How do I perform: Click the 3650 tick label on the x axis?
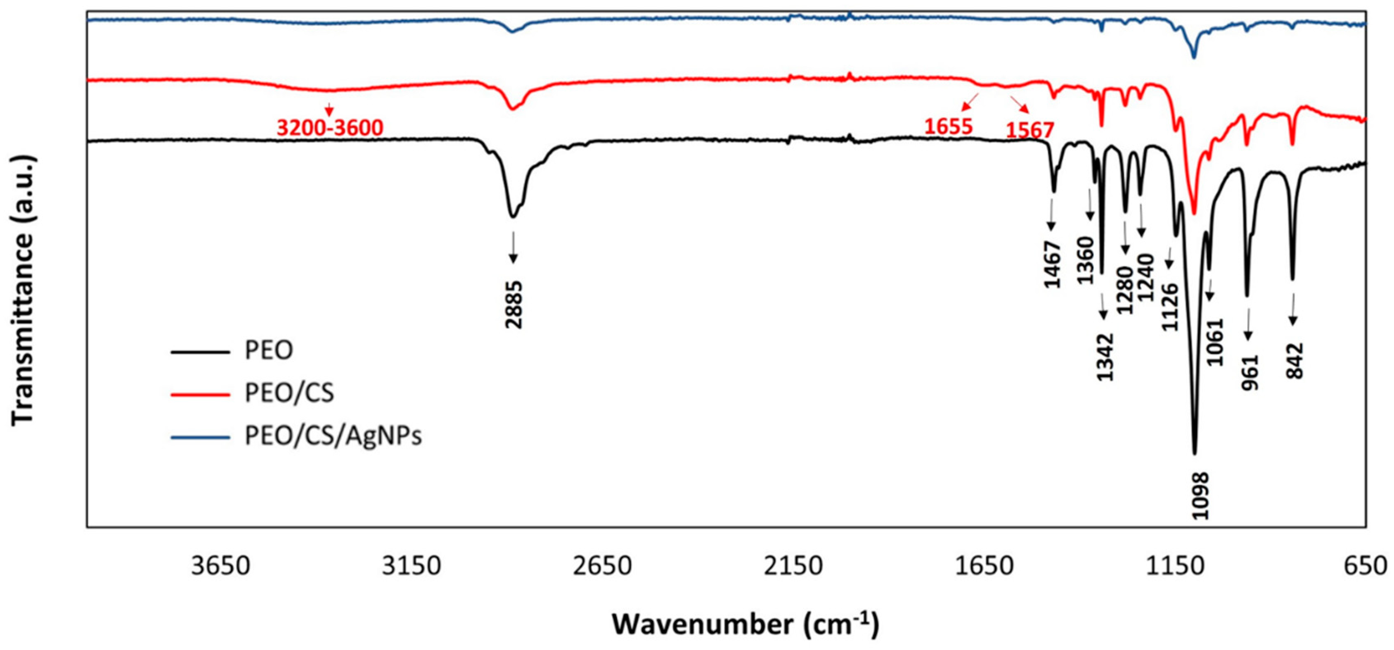coord(220,566)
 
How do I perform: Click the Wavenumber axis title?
coord(746,624)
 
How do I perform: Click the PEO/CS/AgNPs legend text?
coord(333,436)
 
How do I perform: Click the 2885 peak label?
coord(514,305)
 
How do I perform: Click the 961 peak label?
coord(1250,372)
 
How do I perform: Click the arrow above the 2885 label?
coord(513,248)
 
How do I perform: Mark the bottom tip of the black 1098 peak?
coord(1194,453)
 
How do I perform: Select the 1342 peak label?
coord(1105,357)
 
